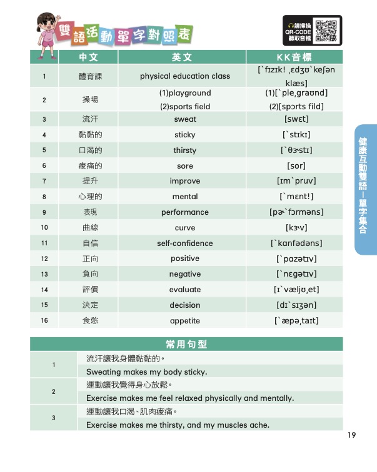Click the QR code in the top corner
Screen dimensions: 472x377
click(x=326, y=30)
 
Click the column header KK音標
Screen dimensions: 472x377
click(x=294, y=57)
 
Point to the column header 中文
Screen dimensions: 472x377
click(x=89, y=57)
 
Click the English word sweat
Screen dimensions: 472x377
click(x=185, y=119)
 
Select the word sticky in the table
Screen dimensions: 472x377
click(x=185, y=135)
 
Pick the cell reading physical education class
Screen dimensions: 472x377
click(x=185, y=76)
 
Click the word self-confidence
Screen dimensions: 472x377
click(x=185, y=243)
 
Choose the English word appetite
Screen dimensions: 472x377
click(x=185, y=321)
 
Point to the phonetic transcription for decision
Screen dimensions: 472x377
click(x=296, y=305)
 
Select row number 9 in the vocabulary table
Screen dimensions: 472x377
click(x=44, y=212)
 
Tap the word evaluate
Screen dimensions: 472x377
click(x=185, y=290)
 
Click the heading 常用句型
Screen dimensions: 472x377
click(x=186, y=345)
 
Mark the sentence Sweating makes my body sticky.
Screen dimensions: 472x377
click(x=146, y=372)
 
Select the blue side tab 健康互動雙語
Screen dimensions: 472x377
click(x=366, y=187)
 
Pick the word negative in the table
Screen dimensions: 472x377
click(x=185, y=274)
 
